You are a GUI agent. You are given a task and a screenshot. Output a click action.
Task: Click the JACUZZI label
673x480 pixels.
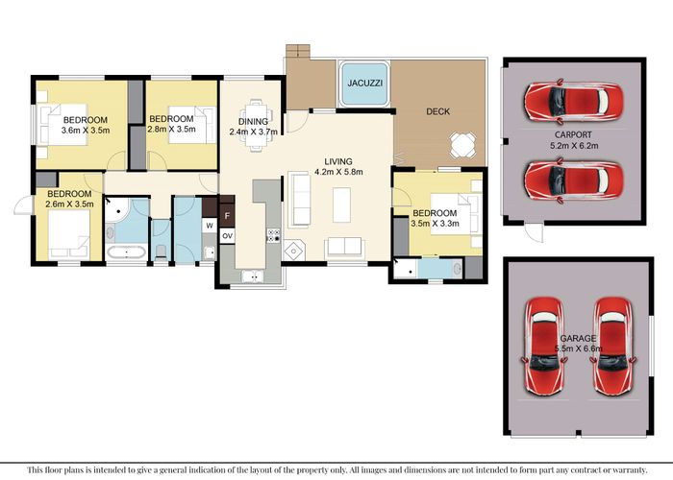click(x=364, y=84)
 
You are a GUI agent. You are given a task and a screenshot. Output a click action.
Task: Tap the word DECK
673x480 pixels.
click(x=437, y=111)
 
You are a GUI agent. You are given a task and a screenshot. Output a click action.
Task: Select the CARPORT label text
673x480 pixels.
click(x=573, y=134)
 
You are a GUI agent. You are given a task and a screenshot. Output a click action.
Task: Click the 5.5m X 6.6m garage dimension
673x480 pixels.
click(x=578, y=348)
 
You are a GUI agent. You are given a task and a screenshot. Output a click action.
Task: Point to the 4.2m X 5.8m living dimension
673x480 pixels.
click(x=338, y=172)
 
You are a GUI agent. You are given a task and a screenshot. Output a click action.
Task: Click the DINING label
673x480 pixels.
click(x=253, y=122)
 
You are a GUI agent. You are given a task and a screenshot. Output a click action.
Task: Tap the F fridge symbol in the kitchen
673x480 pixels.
click(x=227, y=216)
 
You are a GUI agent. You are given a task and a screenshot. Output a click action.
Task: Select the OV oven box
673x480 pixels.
click(x=227, y=236)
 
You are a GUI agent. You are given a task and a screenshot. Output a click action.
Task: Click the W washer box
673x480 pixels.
click(x=210, y=225)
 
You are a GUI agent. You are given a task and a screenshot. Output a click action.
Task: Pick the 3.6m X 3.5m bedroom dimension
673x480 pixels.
click(x=86, y=131)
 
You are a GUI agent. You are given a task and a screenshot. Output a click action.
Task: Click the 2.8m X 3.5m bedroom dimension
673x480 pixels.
click(x=171, y=129)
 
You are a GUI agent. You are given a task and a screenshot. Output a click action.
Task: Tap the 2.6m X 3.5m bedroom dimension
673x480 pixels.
click(x=69, y=204)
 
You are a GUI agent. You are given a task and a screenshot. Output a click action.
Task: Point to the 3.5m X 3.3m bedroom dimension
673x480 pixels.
click(x=435, y=224)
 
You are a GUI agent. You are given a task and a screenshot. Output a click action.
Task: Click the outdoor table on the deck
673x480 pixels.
click(x=462, y=145)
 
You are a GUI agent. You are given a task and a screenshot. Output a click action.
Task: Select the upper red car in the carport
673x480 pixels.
click(x=573, y=101)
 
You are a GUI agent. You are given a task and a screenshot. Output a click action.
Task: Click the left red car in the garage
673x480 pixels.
click(x=543, y=347)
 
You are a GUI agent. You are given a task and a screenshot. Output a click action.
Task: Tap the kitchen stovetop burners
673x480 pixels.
click(x=273, y=235)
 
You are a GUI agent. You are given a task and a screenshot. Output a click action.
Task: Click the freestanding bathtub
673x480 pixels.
click(x=127, y=252)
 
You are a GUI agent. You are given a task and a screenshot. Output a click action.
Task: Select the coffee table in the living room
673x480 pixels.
click(x=341, y=204)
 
